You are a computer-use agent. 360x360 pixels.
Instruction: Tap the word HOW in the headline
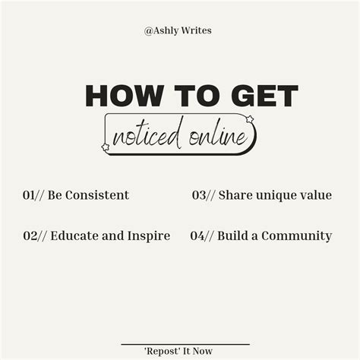coord(120,96)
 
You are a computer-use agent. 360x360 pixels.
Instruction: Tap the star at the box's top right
coord(249,118)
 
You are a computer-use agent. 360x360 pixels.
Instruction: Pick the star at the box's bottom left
coord(106,147)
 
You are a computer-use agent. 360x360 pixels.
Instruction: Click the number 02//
coord(35,235)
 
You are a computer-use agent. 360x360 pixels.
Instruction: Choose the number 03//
coord(203,195)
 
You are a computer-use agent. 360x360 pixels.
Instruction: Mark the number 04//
coord(202,235)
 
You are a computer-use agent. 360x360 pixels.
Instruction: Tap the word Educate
coord(74,235)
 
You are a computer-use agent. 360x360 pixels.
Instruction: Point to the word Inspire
coord(147,235)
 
